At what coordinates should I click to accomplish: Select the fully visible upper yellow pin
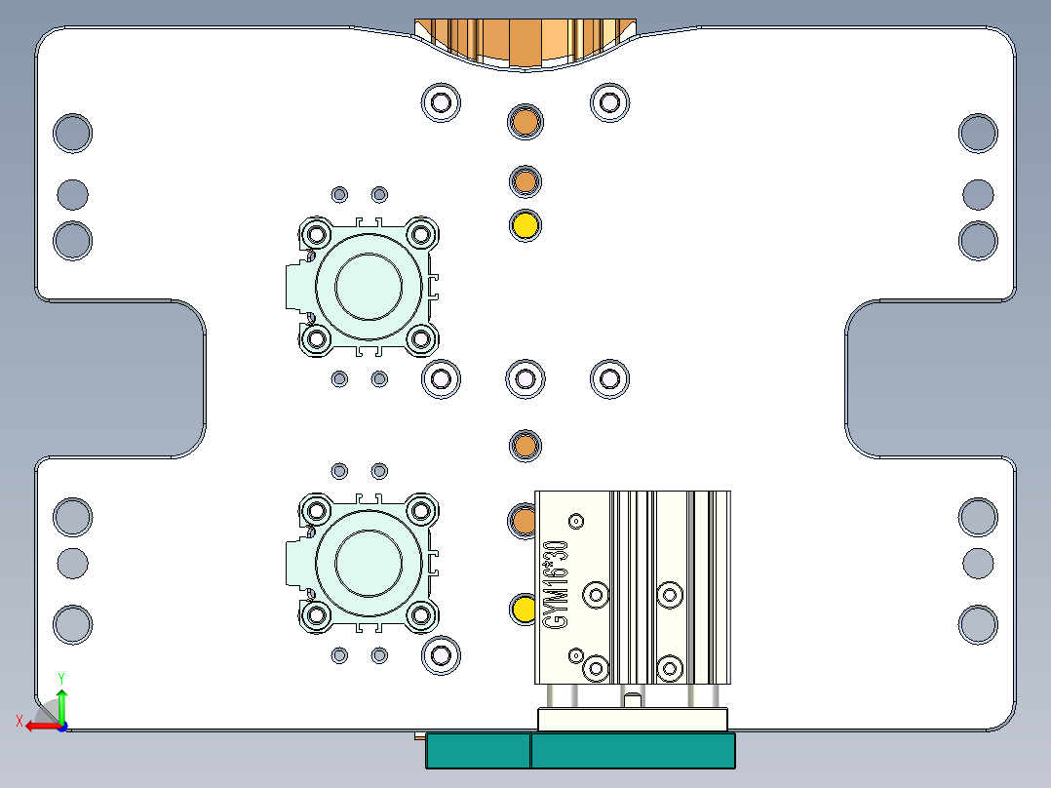(x=525, y=225)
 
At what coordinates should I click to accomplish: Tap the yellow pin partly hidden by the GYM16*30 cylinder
(x=522, y=610)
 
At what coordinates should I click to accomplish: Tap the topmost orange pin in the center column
(x=525, y=122)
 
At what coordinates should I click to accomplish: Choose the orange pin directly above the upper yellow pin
(x=525, y=180)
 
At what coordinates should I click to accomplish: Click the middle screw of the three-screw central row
(x=525, y=378)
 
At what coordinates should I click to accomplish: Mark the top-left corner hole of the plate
(x=72, y=133)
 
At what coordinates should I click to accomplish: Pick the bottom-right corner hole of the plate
(x=978, y=624)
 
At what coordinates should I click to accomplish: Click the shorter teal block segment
(x=478, y=751)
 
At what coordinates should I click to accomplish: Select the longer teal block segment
(x=633, y=751)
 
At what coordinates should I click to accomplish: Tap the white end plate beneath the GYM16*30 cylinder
(x=633, y=720)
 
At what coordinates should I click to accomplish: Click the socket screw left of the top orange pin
(x=441, y=101)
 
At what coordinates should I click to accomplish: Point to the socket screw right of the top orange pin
(x=610, y=101)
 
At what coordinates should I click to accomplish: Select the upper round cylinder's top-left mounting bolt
(x=316, y=234)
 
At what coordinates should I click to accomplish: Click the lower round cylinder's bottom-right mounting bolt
(x=421, y=615)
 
